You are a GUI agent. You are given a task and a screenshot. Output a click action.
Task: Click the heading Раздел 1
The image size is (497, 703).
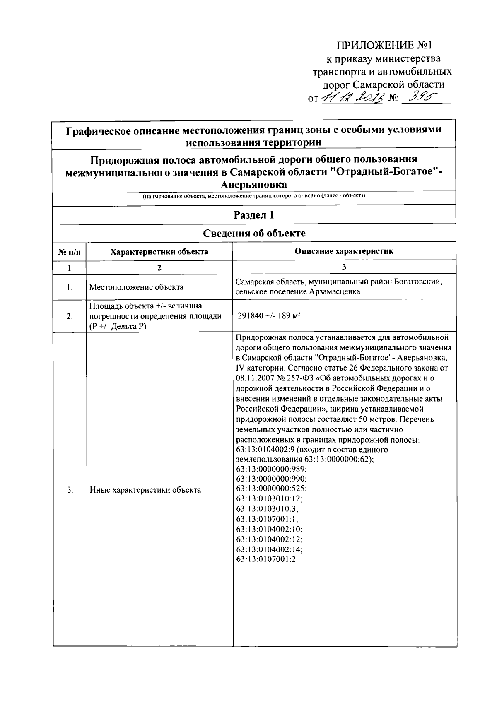pos(254,215)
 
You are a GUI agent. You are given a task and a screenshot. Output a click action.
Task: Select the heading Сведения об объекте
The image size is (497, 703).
pos(254,234)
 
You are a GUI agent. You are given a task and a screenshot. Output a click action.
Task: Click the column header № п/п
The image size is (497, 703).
pos(69,252)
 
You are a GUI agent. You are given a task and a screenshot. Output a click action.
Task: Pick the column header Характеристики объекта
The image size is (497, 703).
pos(159,252)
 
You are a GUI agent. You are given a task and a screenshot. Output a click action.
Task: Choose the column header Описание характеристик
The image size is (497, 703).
pos(344,251)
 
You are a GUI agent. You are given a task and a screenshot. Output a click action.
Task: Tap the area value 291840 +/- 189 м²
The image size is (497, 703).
pos(269,316)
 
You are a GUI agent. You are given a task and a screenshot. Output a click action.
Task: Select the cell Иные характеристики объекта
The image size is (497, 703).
pos(145,490)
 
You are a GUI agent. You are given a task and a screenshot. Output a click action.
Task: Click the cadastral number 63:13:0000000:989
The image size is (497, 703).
pos(271,469)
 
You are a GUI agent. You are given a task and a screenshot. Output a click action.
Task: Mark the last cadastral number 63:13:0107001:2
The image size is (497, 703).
pos(267,559)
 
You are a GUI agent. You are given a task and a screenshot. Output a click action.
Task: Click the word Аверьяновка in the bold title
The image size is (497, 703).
pos(254,184)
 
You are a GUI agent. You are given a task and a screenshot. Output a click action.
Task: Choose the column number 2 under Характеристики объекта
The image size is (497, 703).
pos(159,267)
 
